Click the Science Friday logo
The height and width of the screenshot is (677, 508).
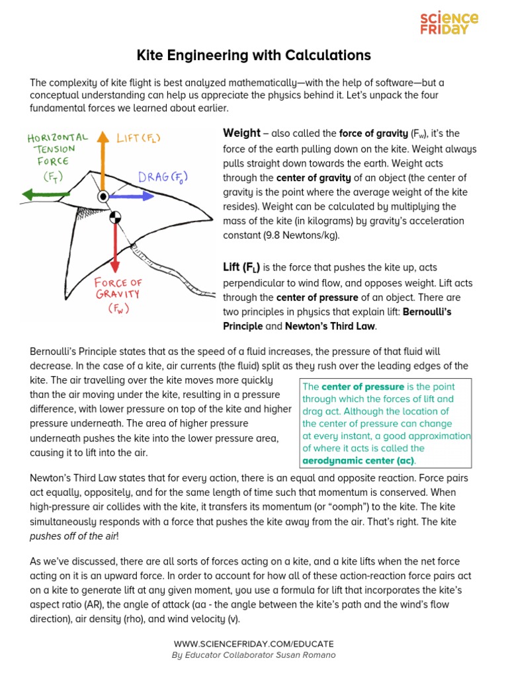click(449, 23)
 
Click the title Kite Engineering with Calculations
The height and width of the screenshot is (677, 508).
click(253, 55)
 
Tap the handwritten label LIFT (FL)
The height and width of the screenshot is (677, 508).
click(138, 138)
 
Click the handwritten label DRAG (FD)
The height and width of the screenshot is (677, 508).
click(163, 177)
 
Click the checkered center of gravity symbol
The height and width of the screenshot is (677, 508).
click(115, 216)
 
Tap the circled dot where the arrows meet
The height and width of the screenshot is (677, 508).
click(103, 196)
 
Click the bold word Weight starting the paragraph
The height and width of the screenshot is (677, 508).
click(241, 134)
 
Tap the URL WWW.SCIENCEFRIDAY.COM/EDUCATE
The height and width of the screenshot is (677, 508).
click(253, 643)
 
